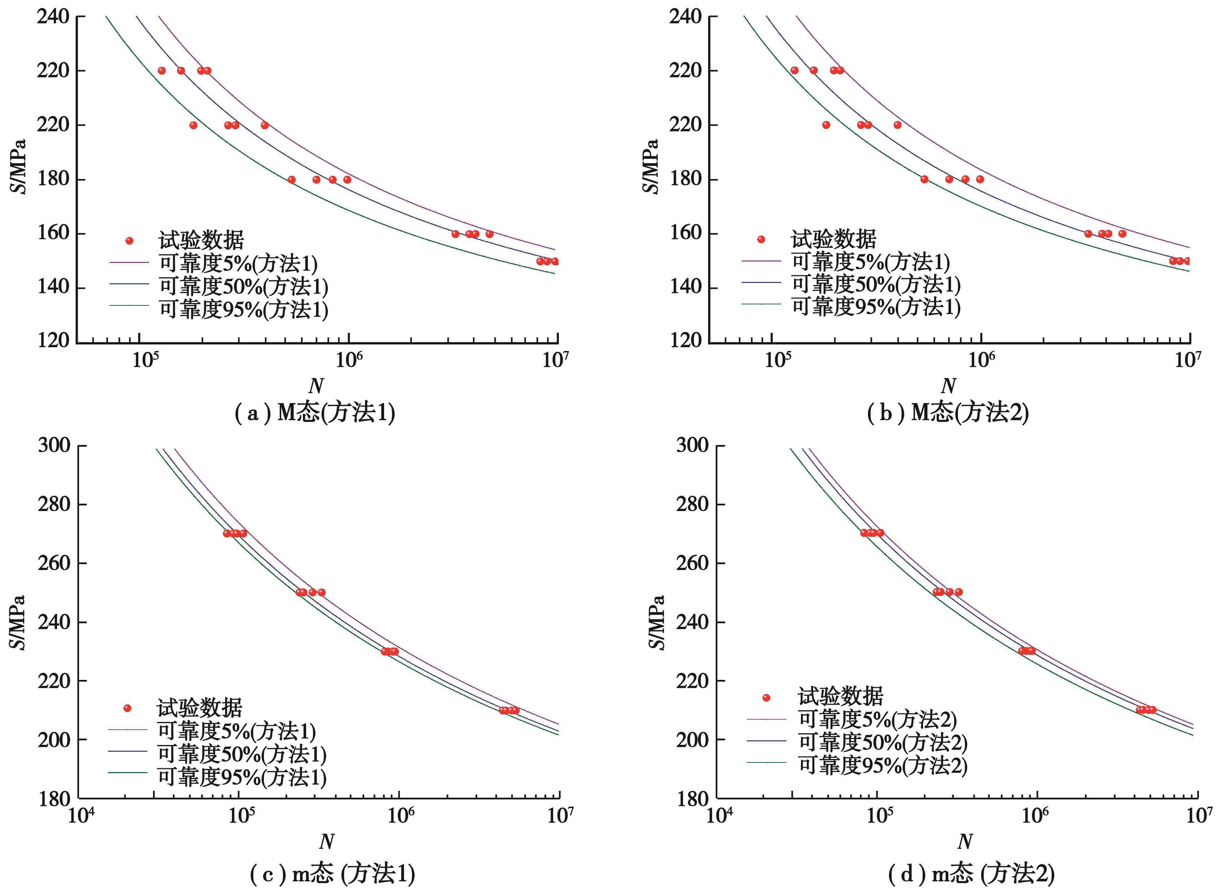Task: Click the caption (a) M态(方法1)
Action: [x=315, y=414]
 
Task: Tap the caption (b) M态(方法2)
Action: [x=947, y=414]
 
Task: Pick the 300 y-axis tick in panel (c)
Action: [x=54, y=446]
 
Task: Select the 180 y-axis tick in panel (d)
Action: [x=692, y=799]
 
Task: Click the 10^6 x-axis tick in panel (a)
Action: [x=348, y=360]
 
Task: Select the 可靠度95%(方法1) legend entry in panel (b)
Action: [x=876, y=307]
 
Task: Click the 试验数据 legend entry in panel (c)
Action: [x=199, y=708]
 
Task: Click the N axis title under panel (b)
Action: [x=948, y=386]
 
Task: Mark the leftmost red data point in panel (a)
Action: [x=161, y=71]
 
